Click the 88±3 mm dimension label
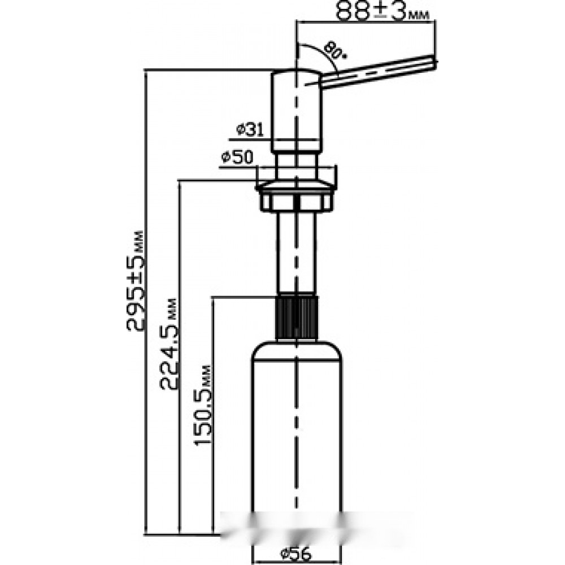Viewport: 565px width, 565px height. coord(383,11)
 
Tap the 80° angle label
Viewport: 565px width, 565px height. coord(334,51)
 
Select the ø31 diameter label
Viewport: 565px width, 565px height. coord(250,130)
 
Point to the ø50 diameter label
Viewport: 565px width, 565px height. coord(237,158)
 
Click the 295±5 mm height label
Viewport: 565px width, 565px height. coord(136,281)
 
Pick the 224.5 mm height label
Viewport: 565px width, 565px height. coord(168,344)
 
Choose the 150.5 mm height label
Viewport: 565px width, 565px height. coord(202,405)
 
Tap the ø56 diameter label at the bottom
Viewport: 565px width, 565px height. coord(295,554)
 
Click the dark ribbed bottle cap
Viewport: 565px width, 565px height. coord(297,318)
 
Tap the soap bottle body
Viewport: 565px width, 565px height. coord(296,450)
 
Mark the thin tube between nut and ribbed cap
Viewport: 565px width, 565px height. coord(296,253)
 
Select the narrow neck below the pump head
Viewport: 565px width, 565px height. coord(296,166)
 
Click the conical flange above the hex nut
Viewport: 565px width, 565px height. coord(295,186)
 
